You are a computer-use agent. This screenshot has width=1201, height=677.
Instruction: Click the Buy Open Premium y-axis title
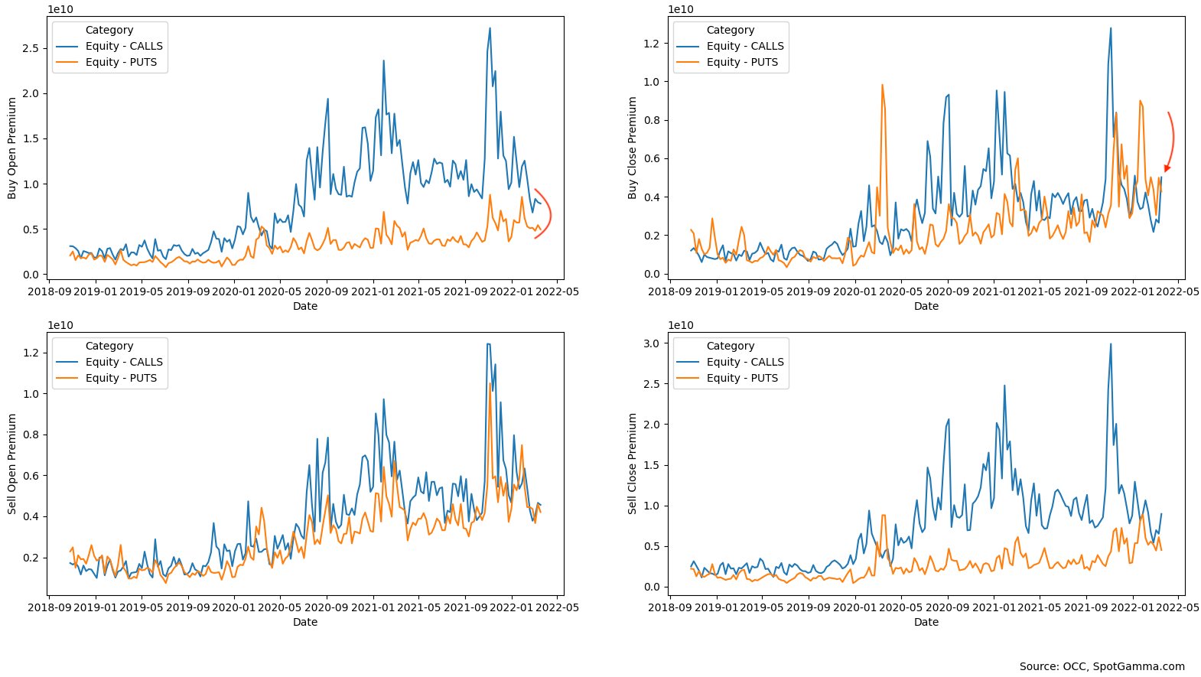12,148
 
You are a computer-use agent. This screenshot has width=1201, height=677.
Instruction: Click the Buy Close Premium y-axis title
633,148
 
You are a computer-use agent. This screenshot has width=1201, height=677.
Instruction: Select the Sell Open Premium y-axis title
12,464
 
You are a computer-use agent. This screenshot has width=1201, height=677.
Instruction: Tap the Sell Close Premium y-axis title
633,464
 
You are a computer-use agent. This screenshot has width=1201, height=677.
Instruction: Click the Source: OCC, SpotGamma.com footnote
1102,666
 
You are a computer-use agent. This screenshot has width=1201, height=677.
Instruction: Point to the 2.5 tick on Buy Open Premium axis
31,48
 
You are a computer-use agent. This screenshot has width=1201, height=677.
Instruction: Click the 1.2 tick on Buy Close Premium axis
651,44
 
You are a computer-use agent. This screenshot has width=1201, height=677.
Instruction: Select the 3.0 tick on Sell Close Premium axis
651,343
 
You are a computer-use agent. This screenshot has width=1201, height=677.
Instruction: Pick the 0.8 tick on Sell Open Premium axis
31,435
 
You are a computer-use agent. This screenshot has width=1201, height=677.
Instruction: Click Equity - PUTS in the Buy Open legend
121,62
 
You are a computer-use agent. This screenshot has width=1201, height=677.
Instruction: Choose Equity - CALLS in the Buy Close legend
745,46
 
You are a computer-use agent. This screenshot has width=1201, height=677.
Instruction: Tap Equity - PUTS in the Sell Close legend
742,378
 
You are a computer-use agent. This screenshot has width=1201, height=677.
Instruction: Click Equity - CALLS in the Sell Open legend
124,362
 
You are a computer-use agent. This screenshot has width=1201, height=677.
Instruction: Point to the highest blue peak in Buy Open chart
490,29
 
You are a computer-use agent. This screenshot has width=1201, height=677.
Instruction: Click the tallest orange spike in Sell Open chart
490,384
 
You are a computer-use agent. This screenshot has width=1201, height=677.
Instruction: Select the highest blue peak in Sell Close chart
1111,344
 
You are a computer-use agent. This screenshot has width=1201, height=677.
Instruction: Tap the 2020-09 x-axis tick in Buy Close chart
947,291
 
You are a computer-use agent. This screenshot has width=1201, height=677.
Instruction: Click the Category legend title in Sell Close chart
731,346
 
